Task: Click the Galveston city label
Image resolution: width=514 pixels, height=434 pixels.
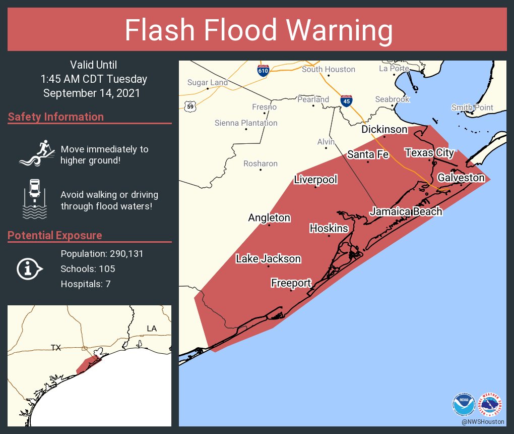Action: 461,178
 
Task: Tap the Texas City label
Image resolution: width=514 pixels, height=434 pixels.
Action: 429,152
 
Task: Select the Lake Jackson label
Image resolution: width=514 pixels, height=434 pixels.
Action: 269,259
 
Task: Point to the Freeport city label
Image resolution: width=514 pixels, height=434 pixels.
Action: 291,283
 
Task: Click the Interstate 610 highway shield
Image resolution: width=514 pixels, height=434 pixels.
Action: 263,70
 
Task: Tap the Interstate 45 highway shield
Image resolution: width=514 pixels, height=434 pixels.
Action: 346,100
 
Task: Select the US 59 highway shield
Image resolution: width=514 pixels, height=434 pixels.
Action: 190,106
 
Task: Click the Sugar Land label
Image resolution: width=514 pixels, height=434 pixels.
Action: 208,82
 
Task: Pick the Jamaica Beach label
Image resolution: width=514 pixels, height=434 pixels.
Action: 406,211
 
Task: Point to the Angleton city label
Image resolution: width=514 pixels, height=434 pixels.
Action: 269,218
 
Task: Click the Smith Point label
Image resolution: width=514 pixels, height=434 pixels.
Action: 472,107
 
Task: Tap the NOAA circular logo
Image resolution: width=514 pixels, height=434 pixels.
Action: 464,404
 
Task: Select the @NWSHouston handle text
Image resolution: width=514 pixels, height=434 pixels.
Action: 482,421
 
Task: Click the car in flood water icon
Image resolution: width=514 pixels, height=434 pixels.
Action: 34,199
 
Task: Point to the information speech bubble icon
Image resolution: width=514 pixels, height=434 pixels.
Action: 29,269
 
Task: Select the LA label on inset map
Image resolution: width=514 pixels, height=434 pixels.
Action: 152,329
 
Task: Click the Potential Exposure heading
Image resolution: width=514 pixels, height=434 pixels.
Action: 55,236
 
